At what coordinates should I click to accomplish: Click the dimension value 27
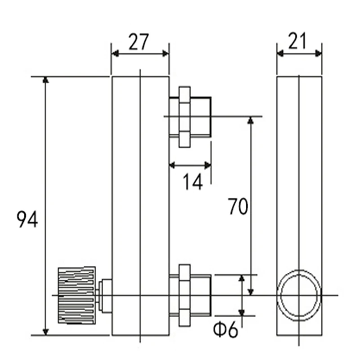click(139, 42)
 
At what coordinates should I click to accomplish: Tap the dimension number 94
click(27, 220)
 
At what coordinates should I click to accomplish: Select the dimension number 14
click(193, 182)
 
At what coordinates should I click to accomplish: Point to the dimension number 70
click(238, 207)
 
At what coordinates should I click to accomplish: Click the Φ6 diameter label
click(225, 330)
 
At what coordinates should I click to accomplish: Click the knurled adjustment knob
click(76, 296)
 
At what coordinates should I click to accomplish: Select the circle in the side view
click(299, 295)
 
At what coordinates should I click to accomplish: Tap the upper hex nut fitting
click(184, 117)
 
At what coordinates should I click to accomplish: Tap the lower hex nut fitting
click(184, 295)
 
